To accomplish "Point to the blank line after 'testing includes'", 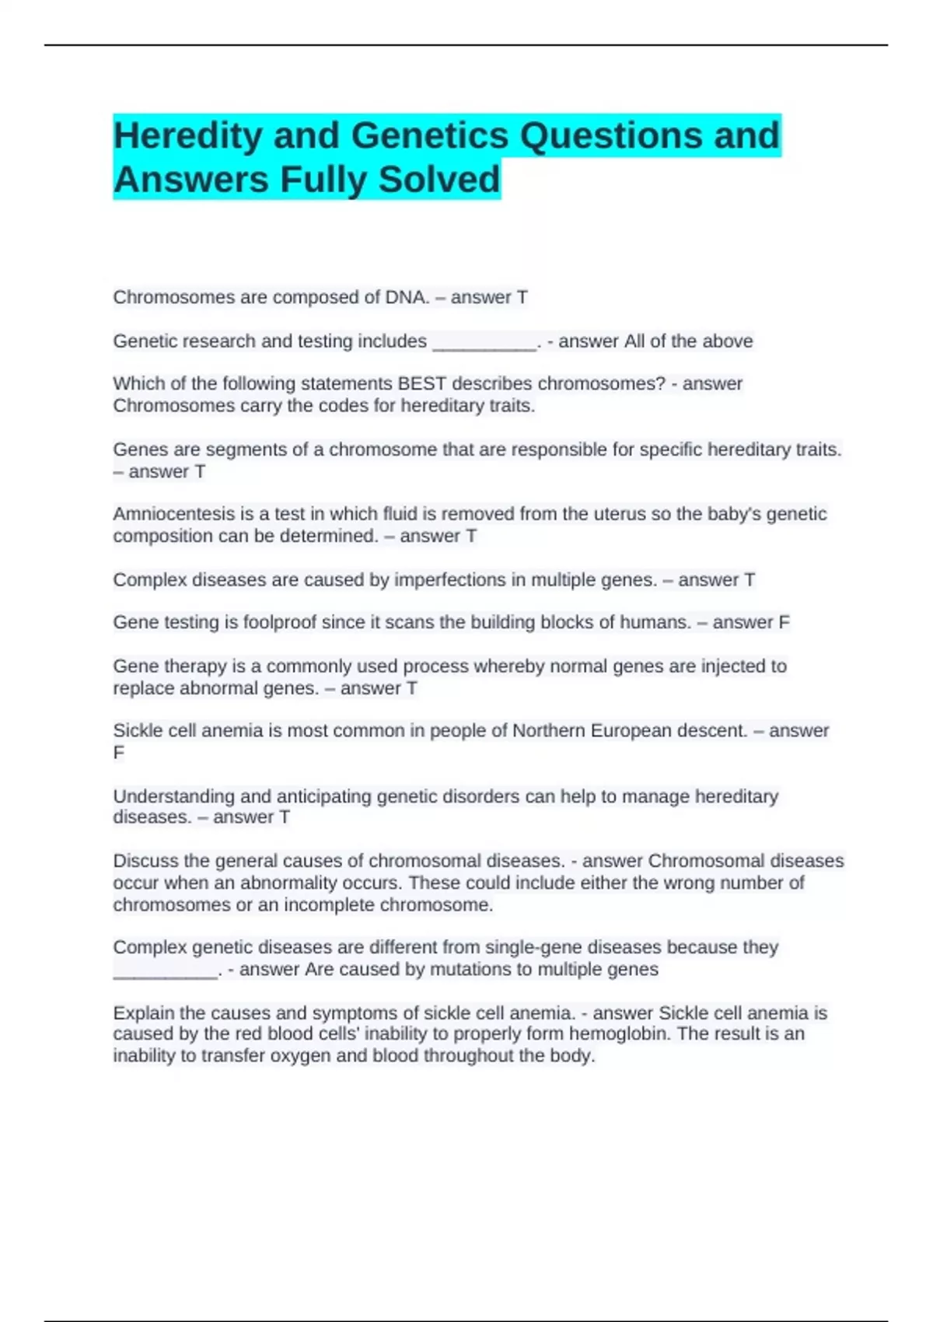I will pyautogui.click(x=484, y=342).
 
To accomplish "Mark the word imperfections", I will pyautogui.click(x=451, y=579).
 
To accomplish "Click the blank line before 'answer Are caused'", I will pyautogui.click(x=166, y=971).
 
